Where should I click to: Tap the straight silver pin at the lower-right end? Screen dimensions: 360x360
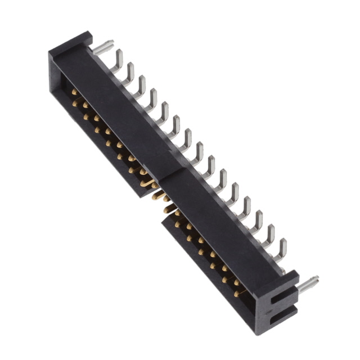click(x=308, y=283)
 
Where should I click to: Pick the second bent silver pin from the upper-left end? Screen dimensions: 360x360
click(x=129, y=71)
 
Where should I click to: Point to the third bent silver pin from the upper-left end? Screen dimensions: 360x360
click(x=140, y=84)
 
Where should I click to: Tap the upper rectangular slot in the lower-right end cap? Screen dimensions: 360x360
click(x=281, y=298)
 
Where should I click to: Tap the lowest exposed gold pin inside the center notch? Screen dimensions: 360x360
click(x=168, y=209)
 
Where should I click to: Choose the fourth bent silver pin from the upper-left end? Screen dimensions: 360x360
click(x=152, y=97)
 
